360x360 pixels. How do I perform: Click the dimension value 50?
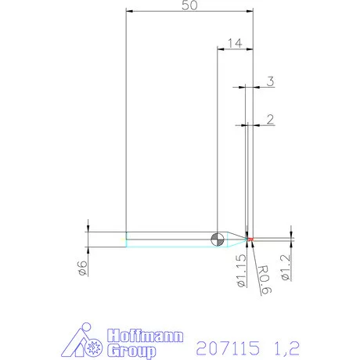tap(189, 5)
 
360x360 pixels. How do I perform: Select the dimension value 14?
tap(235, 43)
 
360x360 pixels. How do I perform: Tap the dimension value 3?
tap(271, 81)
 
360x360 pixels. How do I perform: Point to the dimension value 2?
tap(271, 120)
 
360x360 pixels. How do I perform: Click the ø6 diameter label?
tap(82, 268)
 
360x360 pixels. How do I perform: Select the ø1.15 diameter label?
tap(242, 271)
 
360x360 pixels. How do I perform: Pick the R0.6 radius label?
tap(265, 279)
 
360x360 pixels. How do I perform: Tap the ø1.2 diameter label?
tap(286, 268)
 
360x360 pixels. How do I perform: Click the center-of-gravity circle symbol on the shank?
tap(218, 239)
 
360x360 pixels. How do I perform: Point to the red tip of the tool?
tap(250, 239)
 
